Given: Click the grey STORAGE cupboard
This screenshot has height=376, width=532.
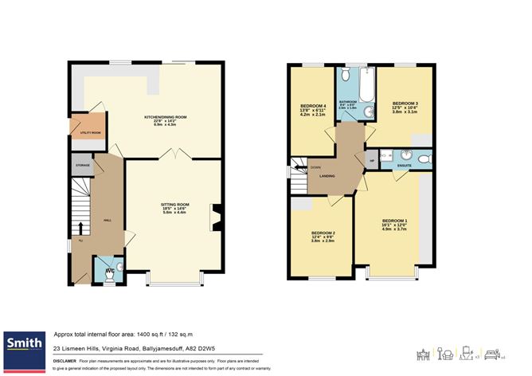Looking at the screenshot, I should coord(83,166).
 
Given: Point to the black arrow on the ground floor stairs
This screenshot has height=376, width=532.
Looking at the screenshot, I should coord(81,226).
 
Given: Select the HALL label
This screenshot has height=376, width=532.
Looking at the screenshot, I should coord(107,221).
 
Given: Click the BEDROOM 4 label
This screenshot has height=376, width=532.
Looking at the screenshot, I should coord(314,106).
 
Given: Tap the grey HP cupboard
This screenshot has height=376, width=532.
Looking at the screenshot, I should coord(371,160).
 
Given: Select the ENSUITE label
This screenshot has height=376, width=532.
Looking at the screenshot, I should coord(404,166).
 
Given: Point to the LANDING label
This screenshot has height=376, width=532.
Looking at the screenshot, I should coord(327,177).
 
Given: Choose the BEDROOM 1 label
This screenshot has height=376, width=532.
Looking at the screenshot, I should coord(394,220).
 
